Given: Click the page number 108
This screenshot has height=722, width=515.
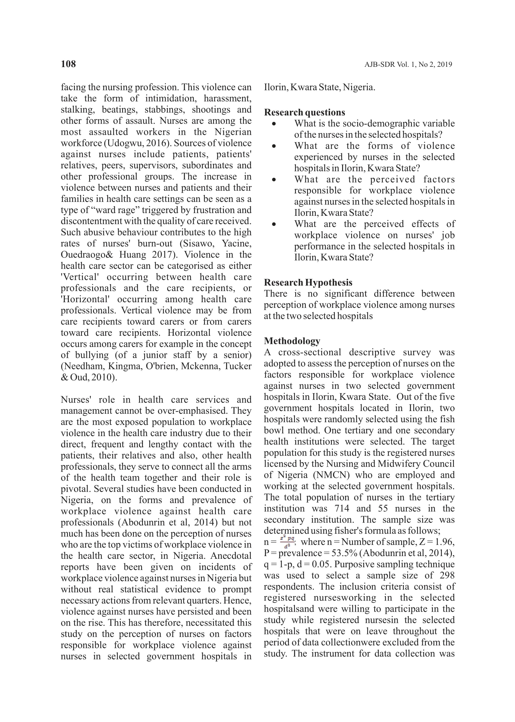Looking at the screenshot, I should (68, 64).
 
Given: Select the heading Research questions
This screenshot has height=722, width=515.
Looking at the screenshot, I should (304, 112).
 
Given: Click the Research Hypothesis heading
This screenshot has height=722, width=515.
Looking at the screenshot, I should (308, 283).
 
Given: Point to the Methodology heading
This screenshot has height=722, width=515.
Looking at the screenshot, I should (292, 341).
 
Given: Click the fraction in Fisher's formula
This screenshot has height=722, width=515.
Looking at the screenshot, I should (287, 542).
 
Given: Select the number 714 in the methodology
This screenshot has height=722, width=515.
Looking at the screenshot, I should (342, 509).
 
